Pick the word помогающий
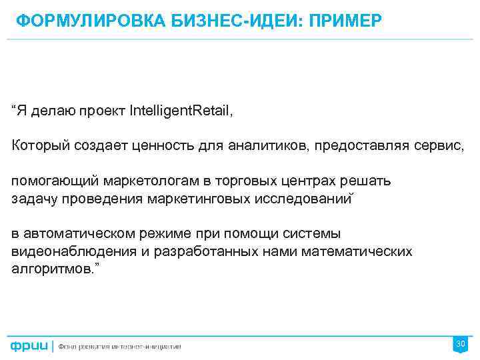pyautogui.click(x=54, y=181)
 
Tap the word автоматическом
pyautogui.click(x=78, y=234)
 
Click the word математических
pyautogui.click(x=357, y=252)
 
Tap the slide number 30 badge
pyautogui.click(x=460, y=344)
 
